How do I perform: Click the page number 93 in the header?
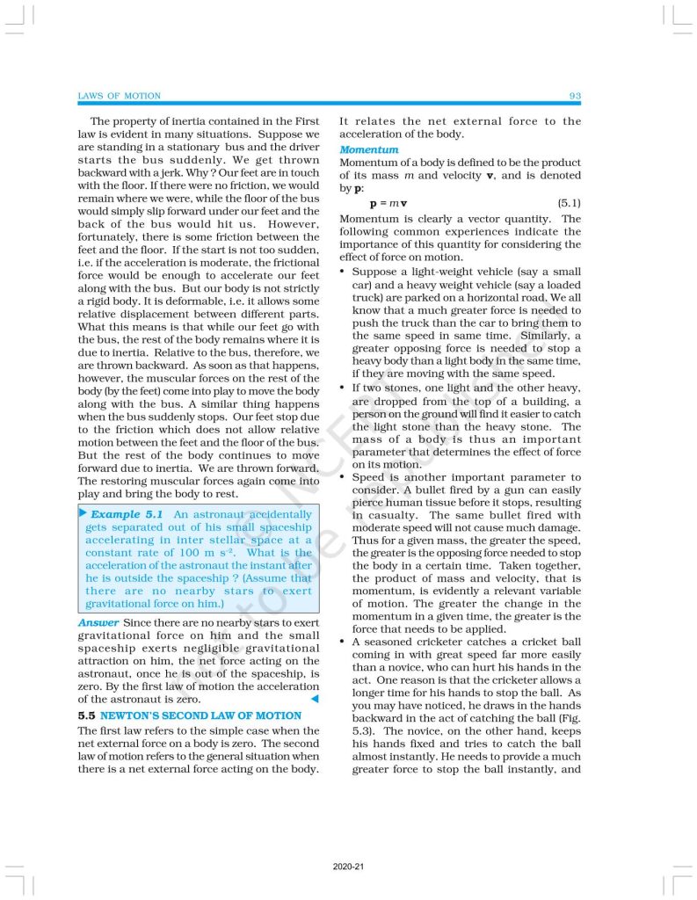point(575,95)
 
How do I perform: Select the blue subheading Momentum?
point(369,150)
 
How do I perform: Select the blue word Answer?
point(98,622)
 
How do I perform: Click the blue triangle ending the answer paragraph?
point(315,699)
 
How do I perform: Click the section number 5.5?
point(87,715)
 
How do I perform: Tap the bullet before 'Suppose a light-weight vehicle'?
point(343,272)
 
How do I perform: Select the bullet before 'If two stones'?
point(343,388)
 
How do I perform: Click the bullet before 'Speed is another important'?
point(343,477)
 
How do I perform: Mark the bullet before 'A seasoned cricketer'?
point(343,642)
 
